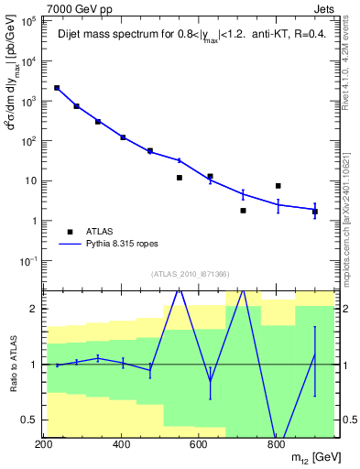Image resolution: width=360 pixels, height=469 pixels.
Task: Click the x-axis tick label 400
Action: point(122,445)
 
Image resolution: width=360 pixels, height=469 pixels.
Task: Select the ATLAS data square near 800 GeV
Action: point(278,186)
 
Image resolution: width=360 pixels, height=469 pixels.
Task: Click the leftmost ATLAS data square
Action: point(57,88)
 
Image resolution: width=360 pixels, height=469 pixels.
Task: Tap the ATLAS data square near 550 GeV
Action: point(180,178)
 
